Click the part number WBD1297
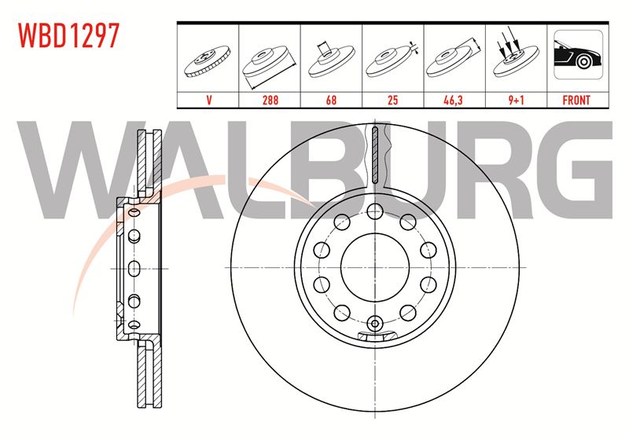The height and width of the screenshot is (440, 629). point(68,35)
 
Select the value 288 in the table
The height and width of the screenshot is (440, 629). point(270,100)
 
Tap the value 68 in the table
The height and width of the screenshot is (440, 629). point(331,100)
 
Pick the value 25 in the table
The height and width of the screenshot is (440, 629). point(392,100)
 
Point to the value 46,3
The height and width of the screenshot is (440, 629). point(454,100)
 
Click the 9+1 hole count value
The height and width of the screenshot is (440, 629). point(517,100)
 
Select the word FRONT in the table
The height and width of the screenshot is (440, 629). point(576,100)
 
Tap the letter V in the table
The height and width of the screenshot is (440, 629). point(208,100)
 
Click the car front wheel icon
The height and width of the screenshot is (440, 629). point(578,54)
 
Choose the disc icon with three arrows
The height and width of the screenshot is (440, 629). point(515,56)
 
